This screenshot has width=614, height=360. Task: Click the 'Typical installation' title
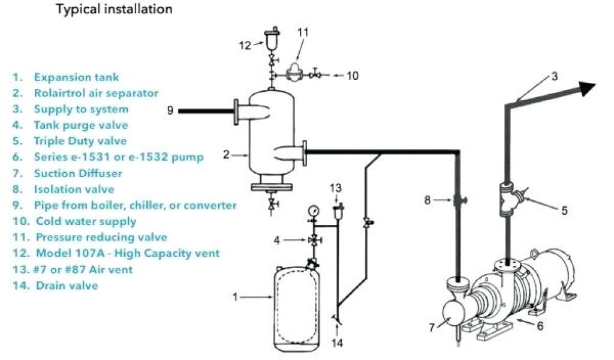(x=114, y=9)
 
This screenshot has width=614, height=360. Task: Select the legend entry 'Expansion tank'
(x=76, y=77)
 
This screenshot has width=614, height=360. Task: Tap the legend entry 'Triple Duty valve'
(x=80, y=141)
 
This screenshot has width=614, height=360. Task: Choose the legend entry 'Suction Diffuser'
(x=78, y=173)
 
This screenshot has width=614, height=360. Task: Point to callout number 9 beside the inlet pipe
(x=170, y=110)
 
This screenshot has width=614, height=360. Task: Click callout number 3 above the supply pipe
(x=555, y=76)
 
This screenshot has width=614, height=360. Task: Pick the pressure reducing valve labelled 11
(x=294, y=71)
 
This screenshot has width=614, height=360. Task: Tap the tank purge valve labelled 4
(x=312, y=240)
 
